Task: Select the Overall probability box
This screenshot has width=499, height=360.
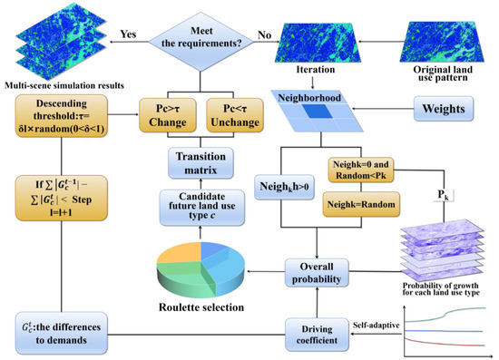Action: (x=312, y=274)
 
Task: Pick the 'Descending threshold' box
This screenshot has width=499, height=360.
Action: (x=62, y=117)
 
